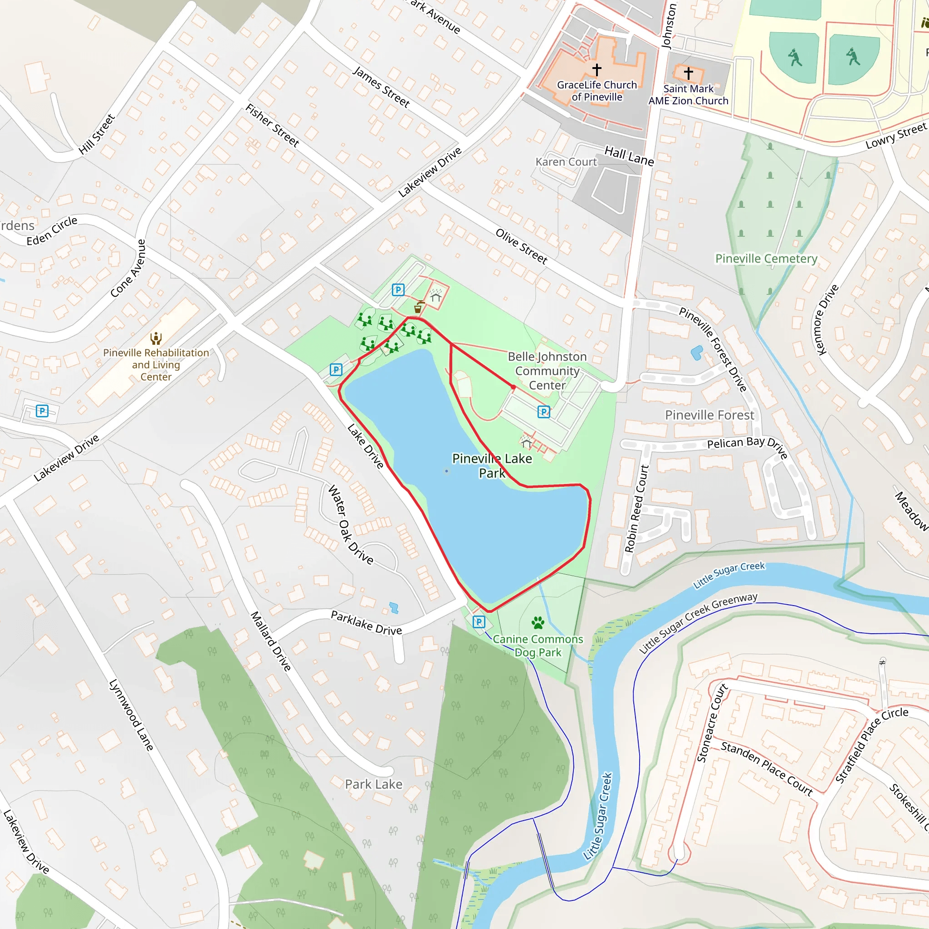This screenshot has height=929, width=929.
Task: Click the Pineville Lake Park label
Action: [492, 465]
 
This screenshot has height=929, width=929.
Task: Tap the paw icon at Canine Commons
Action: [538, 623]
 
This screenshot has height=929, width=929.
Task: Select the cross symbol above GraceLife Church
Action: [597, 70]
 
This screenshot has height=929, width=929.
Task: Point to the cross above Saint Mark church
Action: [689, 73]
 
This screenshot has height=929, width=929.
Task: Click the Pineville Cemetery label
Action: [766, 259]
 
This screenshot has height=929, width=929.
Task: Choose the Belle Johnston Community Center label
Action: [547, 371]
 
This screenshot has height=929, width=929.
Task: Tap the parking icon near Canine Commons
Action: [479, 622]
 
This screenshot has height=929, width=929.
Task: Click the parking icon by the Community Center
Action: [543, 411]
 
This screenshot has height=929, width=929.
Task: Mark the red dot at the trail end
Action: [513, 387]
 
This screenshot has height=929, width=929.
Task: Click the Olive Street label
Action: [522, 246]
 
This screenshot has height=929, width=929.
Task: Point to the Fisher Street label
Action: [272, 125]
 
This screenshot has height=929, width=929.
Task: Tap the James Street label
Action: [381, 87]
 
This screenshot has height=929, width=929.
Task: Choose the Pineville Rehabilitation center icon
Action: [156, 338]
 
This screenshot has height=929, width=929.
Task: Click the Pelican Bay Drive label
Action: [747, 445]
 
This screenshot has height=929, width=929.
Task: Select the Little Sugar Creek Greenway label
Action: [698, 623]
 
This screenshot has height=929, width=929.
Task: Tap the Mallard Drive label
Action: [271, 641]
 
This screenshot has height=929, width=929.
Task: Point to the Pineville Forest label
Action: [710, 415]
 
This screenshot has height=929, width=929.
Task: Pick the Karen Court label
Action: [566, 162]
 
